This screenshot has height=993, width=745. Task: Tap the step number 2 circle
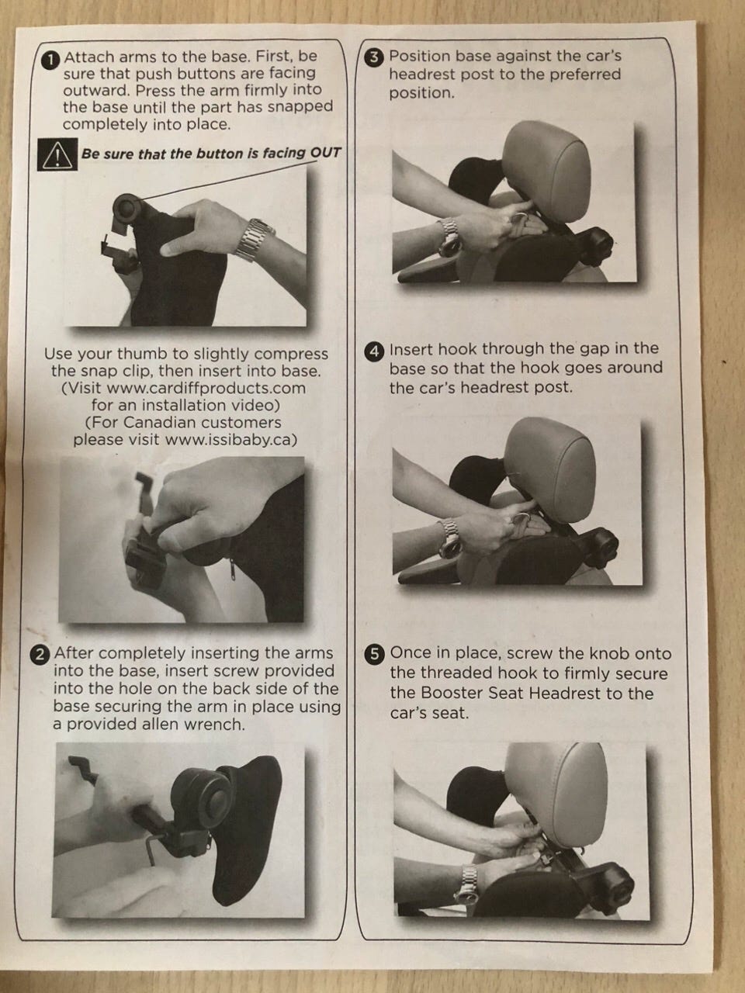point(40,655)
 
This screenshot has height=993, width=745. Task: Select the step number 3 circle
point(377,57)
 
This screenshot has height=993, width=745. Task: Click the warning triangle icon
point(57,154)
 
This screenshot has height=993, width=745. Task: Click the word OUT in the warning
point(325,153)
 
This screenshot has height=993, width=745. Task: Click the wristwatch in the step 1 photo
point(255,239)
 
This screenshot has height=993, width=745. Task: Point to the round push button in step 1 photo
point(127,208)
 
